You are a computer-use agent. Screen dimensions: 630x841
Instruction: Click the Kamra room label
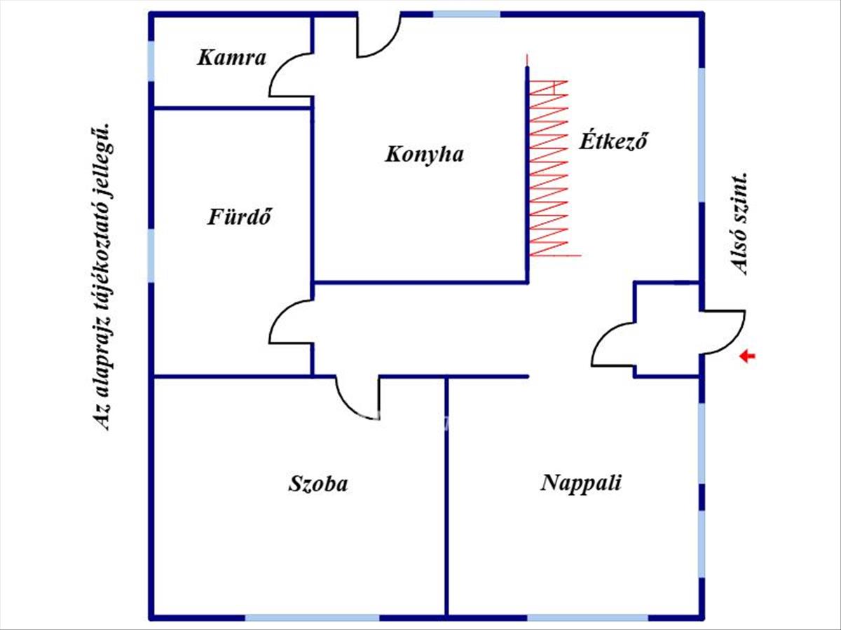pyautogui.click(x=231, y=57)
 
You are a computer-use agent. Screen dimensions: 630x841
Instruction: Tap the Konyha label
pyautogui.click(x=424, y=154)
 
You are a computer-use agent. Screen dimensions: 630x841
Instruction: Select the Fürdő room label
pyautogui.click(x=239, y=216)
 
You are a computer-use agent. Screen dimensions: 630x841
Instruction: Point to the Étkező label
pyautogui.click(x=612, y=141)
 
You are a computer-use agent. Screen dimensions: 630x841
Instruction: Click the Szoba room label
pyautogui.click(x=317, y=484)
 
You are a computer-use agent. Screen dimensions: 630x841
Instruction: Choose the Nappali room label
pyautogui.click(x=581, y=483)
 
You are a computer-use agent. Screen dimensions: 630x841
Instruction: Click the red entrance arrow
pyautogui.click(x=748, y=357)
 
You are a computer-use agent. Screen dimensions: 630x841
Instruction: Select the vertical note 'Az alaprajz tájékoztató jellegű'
pyautogui.click(x=104, y=276)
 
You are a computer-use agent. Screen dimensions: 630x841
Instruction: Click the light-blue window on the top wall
pyautogui.click(x=467, y=13)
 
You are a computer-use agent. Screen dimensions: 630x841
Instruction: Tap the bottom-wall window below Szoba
pyautogui.click(x=312, y=618)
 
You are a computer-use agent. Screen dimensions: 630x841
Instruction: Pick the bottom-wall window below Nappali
pyautogui.click(x=587, y=618)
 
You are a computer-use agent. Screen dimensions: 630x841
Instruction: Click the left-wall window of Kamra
pyautogui.click(x=151, y=61)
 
